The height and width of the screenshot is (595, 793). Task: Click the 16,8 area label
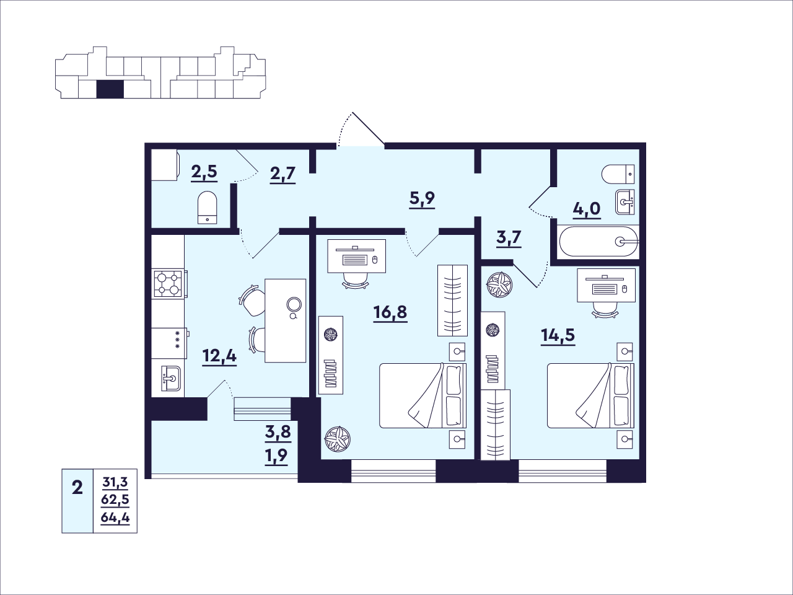(x=390, y=312)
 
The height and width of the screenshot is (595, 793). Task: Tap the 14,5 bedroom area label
(x=558, y=336)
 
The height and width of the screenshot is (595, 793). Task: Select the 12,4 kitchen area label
(x=219, y=357)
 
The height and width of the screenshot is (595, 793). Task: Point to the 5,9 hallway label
(x=422, y=200)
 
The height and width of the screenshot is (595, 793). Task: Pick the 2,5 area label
(x=204, y=172)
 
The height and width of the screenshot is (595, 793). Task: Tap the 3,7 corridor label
(x=509, y=239)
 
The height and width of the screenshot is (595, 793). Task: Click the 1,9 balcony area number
(x=277, y=456)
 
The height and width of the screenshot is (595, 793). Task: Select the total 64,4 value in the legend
(x=115, y=518)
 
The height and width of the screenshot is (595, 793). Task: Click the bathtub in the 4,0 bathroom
(x=598, y=241)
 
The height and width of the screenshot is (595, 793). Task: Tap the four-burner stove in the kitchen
(x=169, y=284)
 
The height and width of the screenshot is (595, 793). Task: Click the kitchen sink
(x=171, y=378)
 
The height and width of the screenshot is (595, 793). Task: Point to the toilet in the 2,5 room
(x=208, y=208)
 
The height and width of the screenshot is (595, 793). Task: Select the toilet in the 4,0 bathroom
(x=618, y=174)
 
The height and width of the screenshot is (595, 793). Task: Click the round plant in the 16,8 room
(x=338, y=439)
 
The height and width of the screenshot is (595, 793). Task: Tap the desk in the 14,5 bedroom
(x=606, y=285)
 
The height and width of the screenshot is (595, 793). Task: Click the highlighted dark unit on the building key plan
(x=110, y=89)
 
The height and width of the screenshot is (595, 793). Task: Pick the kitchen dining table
(x=286, y=320)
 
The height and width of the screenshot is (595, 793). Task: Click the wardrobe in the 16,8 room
(x=452, y=301)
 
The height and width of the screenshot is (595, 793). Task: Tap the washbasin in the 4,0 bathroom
(x=625, y=202)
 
